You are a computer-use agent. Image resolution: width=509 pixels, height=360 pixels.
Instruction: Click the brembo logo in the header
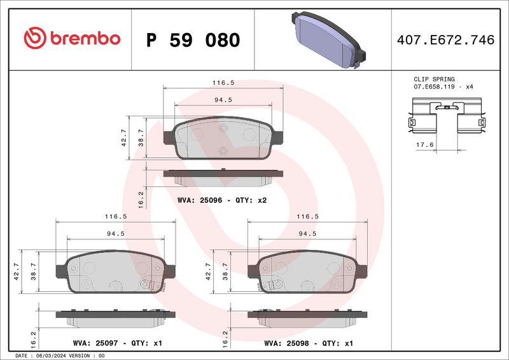tap(72, 39)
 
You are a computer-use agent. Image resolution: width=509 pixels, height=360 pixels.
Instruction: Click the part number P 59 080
tap(193, 40)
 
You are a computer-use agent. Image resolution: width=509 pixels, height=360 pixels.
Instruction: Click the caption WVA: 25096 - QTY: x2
tap(221, 200)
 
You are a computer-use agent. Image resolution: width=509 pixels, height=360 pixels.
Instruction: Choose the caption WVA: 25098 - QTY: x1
tap(308, 343)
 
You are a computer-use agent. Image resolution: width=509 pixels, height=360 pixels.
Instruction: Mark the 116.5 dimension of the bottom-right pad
tap(307, 217)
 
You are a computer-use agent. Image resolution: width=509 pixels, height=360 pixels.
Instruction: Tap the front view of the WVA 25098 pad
tap(307, 273)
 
